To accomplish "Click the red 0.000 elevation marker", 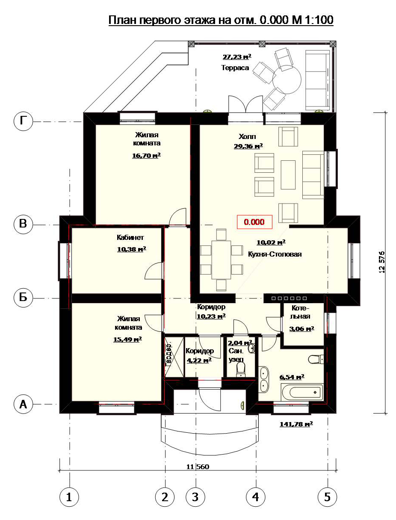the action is tap(254, 222).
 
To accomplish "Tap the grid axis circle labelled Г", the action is tap(23, 121).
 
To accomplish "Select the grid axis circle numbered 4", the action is tap(256, 497).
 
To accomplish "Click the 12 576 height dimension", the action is tap(381, 262).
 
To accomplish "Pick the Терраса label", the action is tap(235, 68).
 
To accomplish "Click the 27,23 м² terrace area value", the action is tap(237, 57).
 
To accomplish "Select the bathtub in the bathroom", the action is tap(302, 392).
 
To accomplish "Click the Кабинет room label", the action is tap(130, 237).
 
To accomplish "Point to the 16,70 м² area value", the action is tap(146, 155).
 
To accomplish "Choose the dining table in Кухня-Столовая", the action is tap(221, 260).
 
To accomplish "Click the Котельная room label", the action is tap(300, 312).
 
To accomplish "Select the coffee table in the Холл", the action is tap(288, 175).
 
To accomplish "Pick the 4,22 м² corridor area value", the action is tap(199, 360).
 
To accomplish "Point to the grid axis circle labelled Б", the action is tap(23, 297).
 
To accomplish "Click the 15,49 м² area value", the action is tap(128, 339).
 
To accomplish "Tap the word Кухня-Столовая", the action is tap(275, 254).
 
